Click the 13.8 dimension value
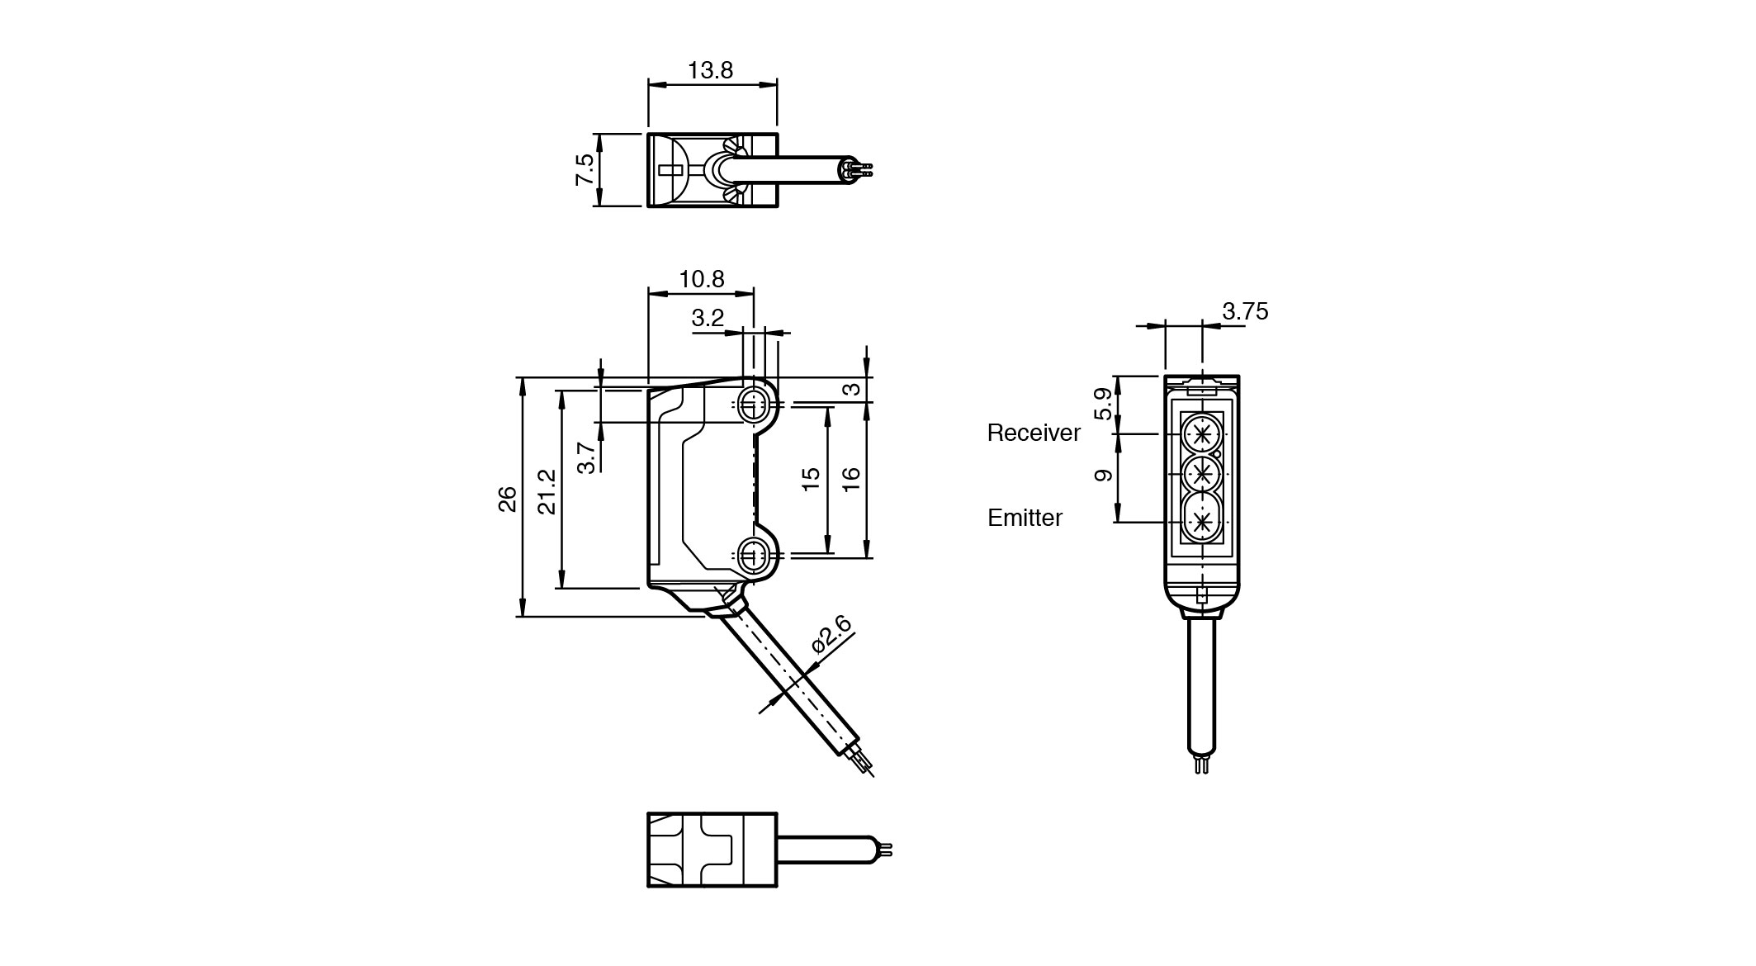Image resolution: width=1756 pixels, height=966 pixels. coord(710,70)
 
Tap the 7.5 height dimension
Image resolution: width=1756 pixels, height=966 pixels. coord(585,169)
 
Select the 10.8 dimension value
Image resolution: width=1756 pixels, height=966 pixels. coord(702,279)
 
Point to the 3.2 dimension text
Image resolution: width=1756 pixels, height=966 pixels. coord(708,318)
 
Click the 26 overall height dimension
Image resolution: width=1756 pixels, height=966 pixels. coord(508,499)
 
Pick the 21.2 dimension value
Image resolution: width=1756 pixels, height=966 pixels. coord(547,492)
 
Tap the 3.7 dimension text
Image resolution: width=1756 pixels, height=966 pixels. coord(586,457)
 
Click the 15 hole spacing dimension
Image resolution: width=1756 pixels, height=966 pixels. coord(812,479)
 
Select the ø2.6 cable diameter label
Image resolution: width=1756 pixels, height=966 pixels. coord(831,634)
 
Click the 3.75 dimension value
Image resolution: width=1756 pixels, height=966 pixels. coord(1245,311)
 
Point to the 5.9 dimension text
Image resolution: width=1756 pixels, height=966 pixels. coord(1103,405)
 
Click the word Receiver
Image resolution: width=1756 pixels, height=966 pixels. coord(1034,433)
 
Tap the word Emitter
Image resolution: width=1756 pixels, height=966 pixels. coord(1025,518)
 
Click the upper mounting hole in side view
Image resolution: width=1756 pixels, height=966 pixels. coord(751,405)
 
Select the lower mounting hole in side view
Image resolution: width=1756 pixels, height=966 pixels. coord(751,554)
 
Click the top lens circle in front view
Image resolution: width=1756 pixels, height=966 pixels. coord(1201,433)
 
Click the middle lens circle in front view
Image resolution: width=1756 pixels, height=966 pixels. coord(1201,474)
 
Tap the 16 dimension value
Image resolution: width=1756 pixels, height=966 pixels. coord(852,479)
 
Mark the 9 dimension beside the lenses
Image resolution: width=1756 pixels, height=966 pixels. coord(1103,475)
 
